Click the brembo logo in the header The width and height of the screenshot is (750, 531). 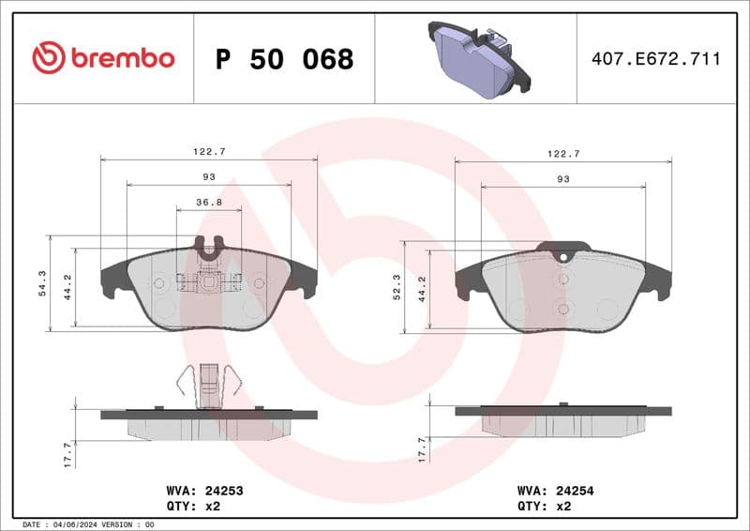[x=103, y=58]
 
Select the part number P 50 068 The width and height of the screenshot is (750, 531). [x=284, y=59]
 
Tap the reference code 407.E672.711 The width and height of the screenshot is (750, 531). [x=656, y=59]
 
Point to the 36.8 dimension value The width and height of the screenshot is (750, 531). [x=208, y=202]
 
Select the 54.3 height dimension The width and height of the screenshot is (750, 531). [x=41, y=282]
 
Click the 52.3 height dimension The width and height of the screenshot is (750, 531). [x=397, y=287]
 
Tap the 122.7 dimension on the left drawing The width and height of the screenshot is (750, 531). [x=208, y=152]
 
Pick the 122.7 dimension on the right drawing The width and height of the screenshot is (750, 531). [x=562, y=153]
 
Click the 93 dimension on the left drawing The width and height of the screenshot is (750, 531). [x=208, y=176]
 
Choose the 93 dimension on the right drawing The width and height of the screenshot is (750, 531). [x=562, y=178]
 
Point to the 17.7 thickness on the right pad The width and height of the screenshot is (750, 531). [x=421, y=448]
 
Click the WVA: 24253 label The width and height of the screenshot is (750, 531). [x=204, y=490]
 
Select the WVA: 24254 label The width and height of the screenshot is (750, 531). [x=556, y=490]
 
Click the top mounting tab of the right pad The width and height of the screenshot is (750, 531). [x=562, y=250]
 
